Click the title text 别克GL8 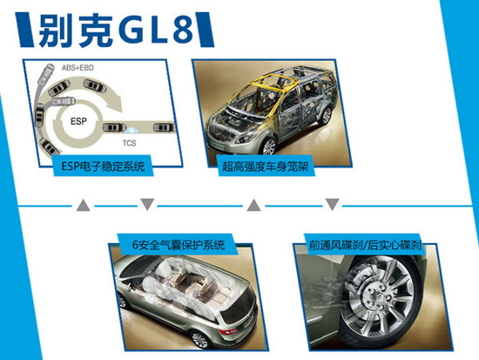[x=117, y=30]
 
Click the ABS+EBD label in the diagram [x=78, y=68]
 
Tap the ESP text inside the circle [x=78, y=121]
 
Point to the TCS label [x=129, y=143]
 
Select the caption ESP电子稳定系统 [x=103, y=166]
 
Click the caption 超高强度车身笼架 [x=265, y=166]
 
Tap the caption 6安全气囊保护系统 [x=179, y=245]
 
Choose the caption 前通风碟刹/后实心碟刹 [x=365, y=245]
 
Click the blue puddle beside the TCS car [x=132, y=130]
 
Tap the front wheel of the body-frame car [x=269, y=146]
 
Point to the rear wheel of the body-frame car [x=326, y=116]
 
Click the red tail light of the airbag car [x=228, y=331]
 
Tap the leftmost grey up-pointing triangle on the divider [x=83, y=205]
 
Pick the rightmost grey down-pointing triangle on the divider [x=333, y=204]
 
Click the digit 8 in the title [x=183, y=30]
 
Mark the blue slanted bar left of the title [x=24, y=30]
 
